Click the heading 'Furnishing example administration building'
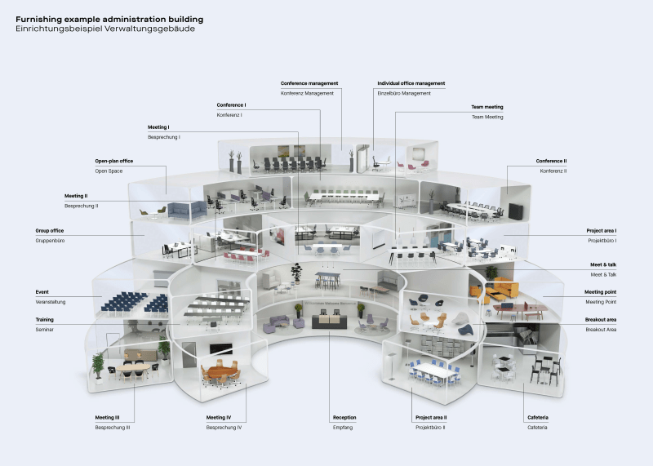[x=109, y=18]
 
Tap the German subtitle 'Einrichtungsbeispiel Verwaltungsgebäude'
[x=104, y=29]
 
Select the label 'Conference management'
[x=309, y=83]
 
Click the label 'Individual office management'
[x=411, y=83]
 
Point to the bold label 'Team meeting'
[x=486, y=107]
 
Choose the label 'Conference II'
[x=551, y=161]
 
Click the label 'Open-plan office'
[x=114, y=161]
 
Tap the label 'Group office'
[x=50, y=231]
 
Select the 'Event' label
[x=42, y=291]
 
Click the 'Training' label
[x=45, y=319]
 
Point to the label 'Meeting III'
[x=108, y=417]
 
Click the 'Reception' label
[x=344, y=417]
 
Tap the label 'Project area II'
[x=431, y=417]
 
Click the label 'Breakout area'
[x=600, y=319]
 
